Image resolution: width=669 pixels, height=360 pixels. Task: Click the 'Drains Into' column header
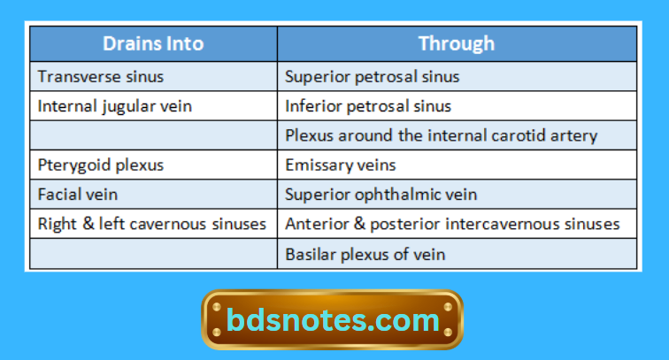click(x=153, y=43)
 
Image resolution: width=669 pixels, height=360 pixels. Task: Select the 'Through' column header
click(x=456, y=43)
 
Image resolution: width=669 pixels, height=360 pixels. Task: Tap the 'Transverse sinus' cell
click(x=101, y=76)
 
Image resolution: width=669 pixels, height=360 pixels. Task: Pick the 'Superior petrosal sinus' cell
click(x=373, y=76)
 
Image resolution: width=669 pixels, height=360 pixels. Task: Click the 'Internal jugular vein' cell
click(x=115, y=106)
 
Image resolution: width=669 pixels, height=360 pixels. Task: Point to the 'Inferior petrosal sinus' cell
click(x=368, y=106)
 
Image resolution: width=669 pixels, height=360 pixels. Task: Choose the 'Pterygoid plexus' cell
click(x=101, y=165)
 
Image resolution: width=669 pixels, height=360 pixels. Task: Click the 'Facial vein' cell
click(x=77, y=194)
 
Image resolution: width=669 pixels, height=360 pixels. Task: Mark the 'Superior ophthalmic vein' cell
click(x=377, y=194)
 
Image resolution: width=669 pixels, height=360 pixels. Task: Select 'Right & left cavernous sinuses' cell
click(x=152, y=224)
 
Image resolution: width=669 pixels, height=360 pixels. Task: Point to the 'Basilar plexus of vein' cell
click(x=365, y=254)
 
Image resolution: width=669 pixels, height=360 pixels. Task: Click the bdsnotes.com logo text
click(x=332, y=319)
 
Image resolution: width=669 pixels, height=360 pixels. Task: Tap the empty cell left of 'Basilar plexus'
click(x=153, y=254)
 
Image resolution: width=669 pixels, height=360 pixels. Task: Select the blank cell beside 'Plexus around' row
click(x=153, y=135)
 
